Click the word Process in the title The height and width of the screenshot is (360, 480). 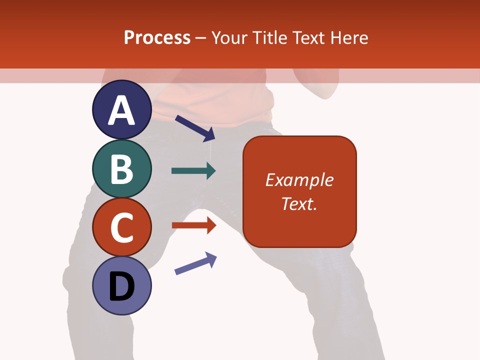[157, 38]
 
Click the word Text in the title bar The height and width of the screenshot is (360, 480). [310, 38]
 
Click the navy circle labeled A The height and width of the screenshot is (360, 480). [121, 109]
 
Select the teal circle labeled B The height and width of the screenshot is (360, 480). [121, 168]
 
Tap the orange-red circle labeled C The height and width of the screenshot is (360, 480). [121, 227]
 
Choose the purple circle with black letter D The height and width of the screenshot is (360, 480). [121, 286]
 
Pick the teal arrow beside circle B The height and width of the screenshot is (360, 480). [193, 171]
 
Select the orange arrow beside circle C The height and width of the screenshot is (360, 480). [194, 225]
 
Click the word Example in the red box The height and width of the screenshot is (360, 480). [299, 180]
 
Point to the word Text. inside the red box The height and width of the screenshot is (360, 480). [299, 203]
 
